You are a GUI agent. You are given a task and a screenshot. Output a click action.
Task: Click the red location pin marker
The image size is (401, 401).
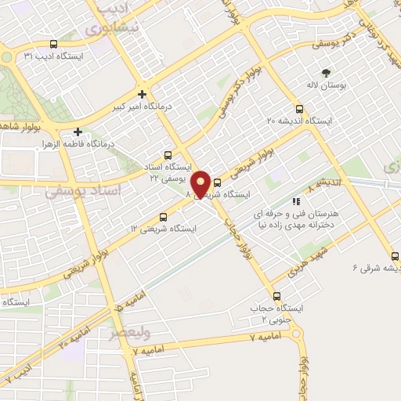[x=200, y=183]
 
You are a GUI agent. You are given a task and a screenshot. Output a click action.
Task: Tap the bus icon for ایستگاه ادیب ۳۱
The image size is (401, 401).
[x=53, y=45]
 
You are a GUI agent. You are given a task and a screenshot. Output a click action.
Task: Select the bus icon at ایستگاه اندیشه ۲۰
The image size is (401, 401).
[x=299, y=109]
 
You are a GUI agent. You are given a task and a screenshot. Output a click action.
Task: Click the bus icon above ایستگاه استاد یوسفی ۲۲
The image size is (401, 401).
[x=168, y=155]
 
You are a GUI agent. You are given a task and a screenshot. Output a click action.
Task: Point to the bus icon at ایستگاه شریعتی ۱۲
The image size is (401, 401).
[x=163, y=216]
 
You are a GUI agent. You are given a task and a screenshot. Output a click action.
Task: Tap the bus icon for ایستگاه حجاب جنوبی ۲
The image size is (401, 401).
[x=276, y=296]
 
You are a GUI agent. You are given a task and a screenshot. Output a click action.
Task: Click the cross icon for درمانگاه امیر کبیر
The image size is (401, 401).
[x=142, y=93]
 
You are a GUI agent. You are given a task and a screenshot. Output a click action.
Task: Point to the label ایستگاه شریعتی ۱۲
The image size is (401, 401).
[x=164, y=229]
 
